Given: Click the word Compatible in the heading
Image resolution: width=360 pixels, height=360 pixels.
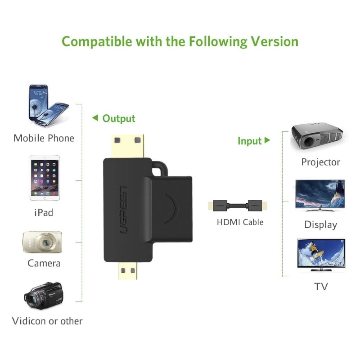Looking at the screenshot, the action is pyautogui.click(x=97, y=42).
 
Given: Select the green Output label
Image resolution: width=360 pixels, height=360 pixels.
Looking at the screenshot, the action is pyautogui.click(x=119, y=119).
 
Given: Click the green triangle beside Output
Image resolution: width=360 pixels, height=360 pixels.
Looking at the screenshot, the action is pyautogui.click(x=95, y=118).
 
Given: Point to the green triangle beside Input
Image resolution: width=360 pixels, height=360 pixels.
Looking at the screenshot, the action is pyautogui.click(x=267, y=140).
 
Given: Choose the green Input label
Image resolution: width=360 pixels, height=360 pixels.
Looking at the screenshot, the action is pyautogui.click(x=250, y=141).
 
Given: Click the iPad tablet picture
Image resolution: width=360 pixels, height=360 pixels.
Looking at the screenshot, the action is pyautogui.click(x=45, y=178).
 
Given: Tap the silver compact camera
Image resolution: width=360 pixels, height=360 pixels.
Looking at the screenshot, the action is pyautogui.click(x=42, y=242).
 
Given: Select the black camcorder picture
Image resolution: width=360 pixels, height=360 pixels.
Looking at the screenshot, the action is pyautogui.click(x=43, y=295).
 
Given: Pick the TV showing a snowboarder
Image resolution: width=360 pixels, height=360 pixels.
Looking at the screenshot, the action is pyautogui.click(x=321, y=255).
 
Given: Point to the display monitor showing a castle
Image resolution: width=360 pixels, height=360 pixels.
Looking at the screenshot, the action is pyautogui.click(x=320, y=195).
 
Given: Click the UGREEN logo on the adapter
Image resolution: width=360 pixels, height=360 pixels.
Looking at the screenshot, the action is pyautogui.click(x=124, y=210).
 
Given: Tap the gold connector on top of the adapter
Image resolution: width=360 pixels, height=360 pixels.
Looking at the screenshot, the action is pyautogui.click(x=127, y=146).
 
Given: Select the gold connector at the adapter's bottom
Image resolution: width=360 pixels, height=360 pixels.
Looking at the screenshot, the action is pyautogui.click(x=128, y=270).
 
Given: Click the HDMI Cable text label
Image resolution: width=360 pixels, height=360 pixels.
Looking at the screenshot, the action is pyautogui.click(x=240, y=222).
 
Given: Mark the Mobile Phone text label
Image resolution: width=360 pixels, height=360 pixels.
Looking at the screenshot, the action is pyautogui.click(x=44, y=138).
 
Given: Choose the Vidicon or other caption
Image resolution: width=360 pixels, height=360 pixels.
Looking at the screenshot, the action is pyautogui.click(x=47, y=321).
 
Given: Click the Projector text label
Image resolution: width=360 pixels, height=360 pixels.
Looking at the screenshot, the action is pyautogui.click(x=321, y=162).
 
